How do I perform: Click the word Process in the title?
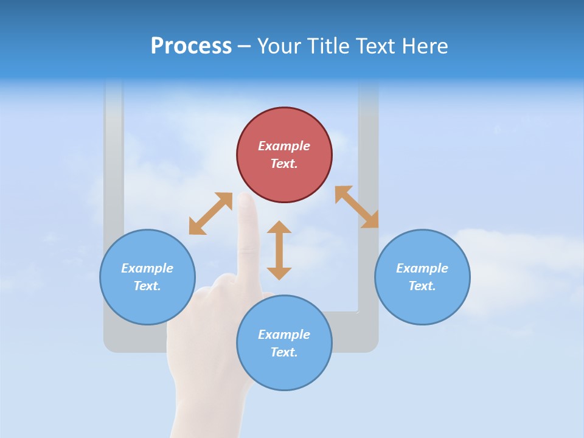tap(191, 46)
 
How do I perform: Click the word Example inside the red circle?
tap(284, 146)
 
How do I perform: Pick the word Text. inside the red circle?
tap(284, 164)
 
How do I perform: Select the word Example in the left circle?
tap(147, 268)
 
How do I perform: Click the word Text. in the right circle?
tap(422, 286)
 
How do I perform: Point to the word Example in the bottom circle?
tap(284, 335)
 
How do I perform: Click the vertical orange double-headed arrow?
tap(279, 250)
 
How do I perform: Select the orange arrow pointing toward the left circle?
tap(210, 214)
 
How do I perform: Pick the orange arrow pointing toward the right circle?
tap(356, 207)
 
